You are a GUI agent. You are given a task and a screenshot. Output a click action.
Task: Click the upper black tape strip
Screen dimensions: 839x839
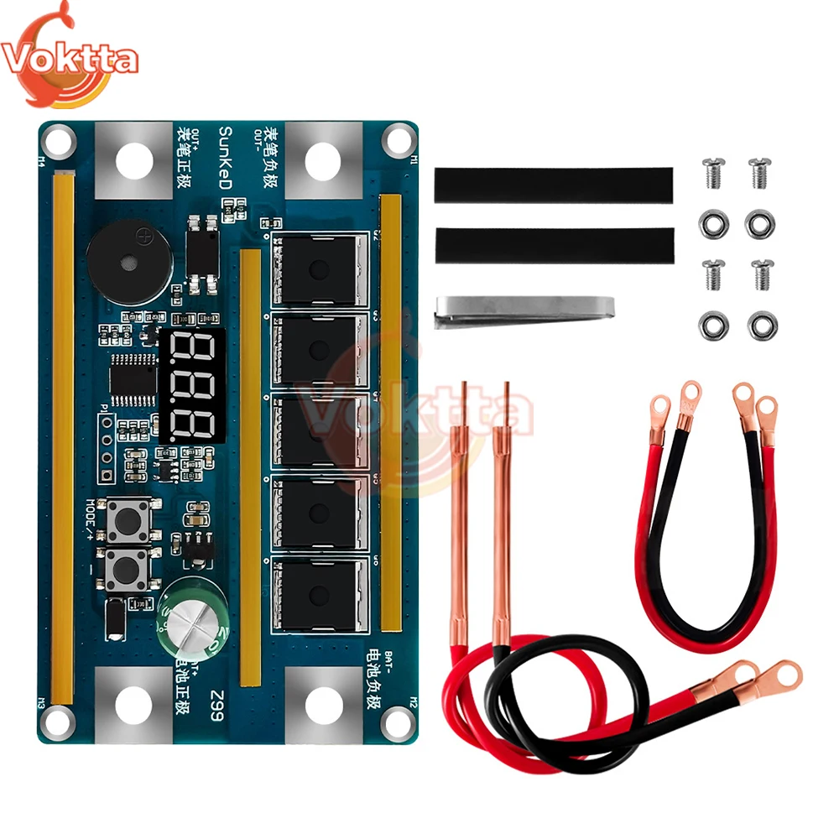coord(553,185)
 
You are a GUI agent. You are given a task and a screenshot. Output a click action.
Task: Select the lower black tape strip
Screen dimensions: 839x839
coord(553,245)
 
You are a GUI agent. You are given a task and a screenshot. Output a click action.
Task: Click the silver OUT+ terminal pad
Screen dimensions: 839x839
coord(133,160)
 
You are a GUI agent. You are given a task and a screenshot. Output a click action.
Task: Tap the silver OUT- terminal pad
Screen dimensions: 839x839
coord(323,159)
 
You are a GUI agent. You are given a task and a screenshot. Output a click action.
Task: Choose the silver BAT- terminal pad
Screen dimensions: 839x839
coord(323,705)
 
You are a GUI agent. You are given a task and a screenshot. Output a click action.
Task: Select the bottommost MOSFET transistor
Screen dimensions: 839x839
coord(319,596)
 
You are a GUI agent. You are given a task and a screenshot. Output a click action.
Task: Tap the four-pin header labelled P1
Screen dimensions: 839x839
coord(107,446)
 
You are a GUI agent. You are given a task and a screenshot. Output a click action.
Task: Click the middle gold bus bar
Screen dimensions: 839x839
coord(250,466)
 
